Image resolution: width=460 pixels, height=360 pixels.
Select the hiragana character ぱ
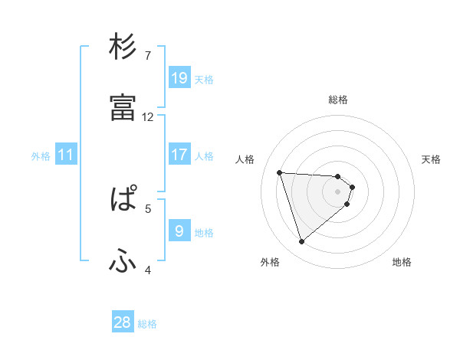(x=123, y=201)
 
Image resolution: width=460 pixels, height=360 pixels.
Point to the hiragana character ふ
(x=123, y=262)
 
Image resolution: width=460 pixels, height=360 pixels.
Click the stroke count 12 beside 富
(x=148, y=116)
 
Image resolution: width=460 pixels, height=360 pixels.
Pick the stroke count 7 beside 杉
(x=148, y=55)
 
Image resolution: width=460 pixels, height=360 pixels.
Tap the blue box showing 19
(x=179, y=77)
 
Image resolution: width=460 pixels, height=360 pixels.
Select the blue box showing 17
(x=179, y=154)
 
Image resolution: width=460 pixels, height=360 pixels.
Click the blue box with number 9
(x=179, y=231)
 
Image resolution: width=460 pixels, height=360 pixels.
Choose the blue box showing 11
(x=66, y=155)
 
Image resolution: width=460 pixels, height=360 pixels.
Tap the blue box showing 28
(x=123, y=322)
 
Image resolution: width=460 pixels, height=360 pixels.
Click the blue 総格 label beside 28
(x=147, y=324)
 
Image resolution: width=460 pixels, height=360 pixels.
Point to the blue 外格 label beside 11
(x=41, y=156)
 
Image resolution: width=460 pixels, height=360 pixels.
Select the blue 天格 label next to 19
(x=204, y=79)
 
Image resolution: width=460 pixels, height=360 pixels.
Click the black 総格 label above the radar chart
(x=338, y=100)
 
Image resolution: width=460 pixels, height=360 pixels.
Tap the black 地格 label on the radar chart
(x=402, y=262)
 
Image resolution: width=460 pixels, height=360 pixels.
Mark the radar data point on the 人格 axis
(x=280, y=172)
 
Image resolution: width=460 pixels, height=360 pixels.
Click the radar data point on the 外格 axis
(x=301, y=242)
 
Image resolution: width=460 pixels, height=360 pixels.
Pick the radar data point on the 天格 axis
(x=352, y=186)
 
